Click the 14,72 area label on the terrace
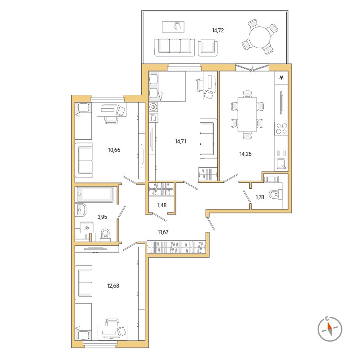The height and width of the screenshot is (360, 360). pyautogui.click(x=218, y=30)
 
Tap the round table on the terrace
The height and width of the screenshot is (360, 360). pyautogui.click(x=260, y=37)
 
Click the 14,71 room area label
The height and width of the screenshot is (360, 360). pyautogui.click(x=180, y=142)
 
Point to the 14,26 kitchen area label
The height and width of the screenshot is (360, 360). pyautogui.click(x=245, y=154)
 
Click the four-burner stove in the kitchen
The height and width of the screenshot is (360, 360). pyautogui.click(x=281, y=129)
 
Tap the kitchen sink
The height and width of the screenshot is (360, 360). pyautogui.click(x=281, y=164)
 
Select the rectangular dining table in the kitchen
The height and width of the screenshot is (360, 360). pyautogui.click(x=247, y=114)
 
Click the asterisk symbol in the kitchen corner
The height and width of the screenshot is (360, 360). pyautogui.click(x=281, y=78)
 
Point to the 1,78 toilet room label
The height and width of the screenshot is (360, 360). pyautogui.click(x=260, y=197)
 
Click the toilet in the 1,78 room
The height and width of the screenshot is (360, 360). pyautogui.click(x=275, y=195)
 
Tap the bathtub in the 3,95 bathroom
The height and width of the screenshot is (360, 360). pyautogui.click(x=94, y=194)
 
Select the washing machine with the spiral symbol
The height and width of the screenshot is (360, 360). pyautogui.click(x=87, y=228)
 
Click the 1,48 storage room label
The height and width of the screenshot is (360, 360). pyautogui.click(x=162, y=205)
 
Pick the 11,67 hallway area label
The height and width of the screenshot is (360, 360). pyautogui.click(x=163, y=232)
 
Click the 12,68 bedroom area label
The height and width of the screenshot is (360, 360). pyautogui.click(x=113, y=286)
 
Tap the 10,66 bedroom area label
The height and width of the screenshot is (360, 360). pyautogui.click(x=114, y=150)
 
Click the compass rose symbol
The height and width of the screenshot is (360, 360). pyautogui.click(x=330, y=329)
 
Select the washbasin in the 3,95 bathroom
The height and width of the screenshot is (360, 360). pyautogui.click(x=81, y=210)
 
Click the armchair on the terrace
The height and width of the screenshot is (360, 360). pyautogui.click(x=208, y=48)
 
